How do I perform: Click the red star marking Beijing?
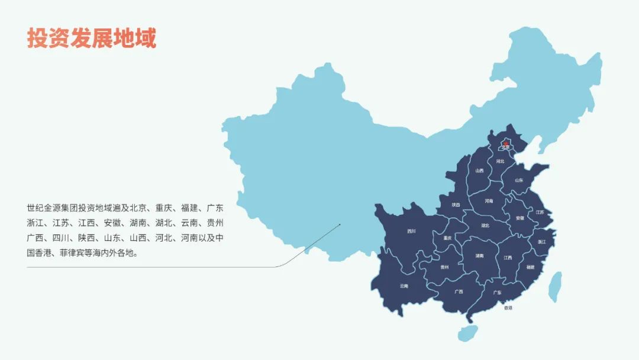coord(505,143)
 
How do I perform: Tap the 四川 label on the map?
coord(411,232)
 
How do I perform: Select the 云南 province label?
coord(404,286)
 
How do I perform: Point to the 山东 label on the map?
coord(519,180)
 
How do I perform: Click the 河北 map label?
coord(501,160)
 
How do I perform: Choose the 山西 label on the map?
coord(479,171)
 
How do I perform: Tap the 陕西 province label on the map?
coord(456,205)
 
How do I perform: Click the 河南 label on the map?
coord(489,201)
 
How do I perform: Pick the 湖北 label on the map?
coord(485,225)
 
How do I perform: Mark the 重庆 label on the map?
coord(447,237)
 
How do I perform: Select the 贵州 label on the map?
coord(444,267)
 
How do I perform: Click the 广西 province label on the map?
coord(459,291)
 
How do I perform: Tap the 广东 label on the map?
coord(497,292)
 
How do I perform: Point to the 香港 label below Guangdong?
coord(508,308)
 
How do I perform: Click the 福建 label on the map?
coord(530,267)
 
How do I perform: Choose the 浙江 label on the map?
coord(542,242)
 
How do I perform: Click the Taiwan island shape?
coord(555,288)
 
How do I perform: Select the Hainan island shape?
coord(467,333)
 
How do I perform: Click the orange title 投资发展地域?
coord(92,38)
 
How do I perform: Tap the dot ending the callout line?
coord(340,224)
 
